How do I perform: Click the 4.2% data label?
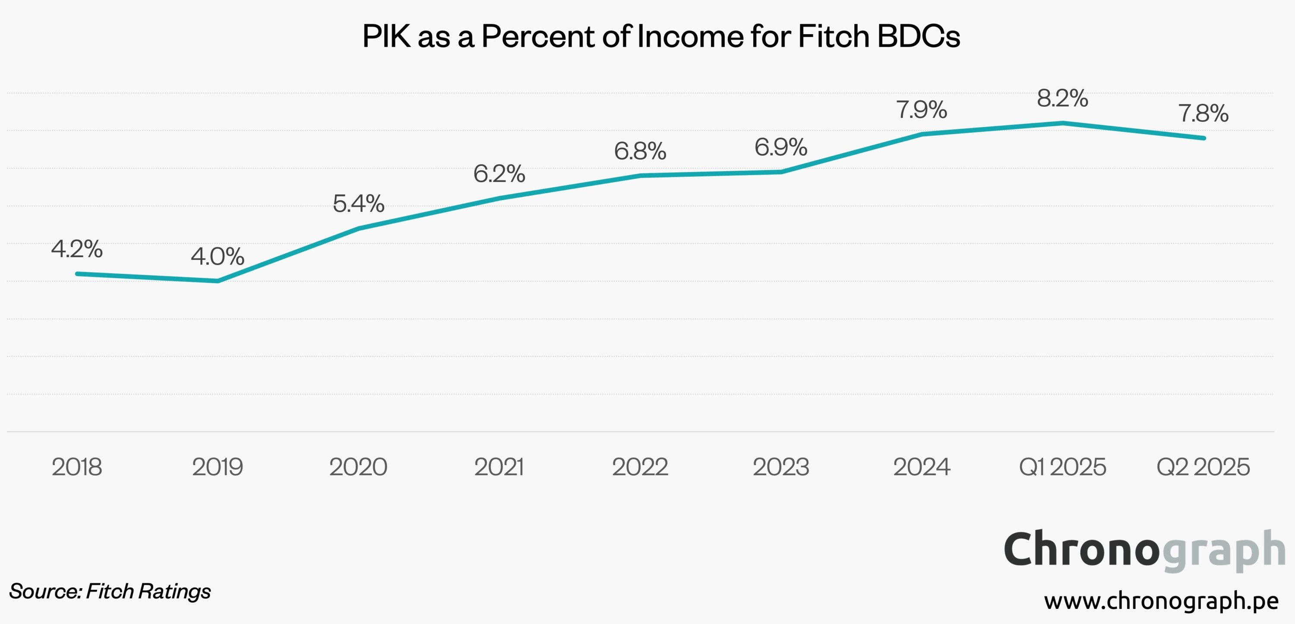pos(77,249)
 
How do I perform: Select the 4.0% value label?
pos(217,257)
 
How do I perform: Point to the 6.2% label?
pos(499,174)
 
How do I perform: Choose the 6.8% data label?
pos(640,151)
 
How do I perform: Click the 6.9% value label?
pos(781,147)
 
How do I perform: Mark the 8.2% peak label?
pos(1062,98)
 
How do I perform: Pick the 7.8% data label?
pos(1203,113)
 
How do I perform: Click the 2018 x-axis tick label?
pos(77,467)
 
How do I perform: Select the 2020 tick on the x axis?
pos(358,467)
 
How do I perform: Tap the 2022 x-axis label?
pos(640,467)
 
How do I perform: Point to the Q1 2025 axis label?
pos(1062,467)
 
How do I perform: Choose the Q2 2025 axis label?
pos(1203,467)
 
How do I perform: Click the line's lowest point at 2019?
pos(217,281)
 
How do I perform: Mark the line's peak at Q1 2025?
pos(1062,123)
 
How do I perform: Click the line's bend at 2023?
pos(781,172)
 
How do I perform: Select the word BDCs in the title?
pos(919,36)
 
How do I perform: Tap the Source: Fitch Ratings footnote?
pos(110,591)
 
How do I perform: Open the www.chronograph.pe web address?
pos(1161,600)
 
